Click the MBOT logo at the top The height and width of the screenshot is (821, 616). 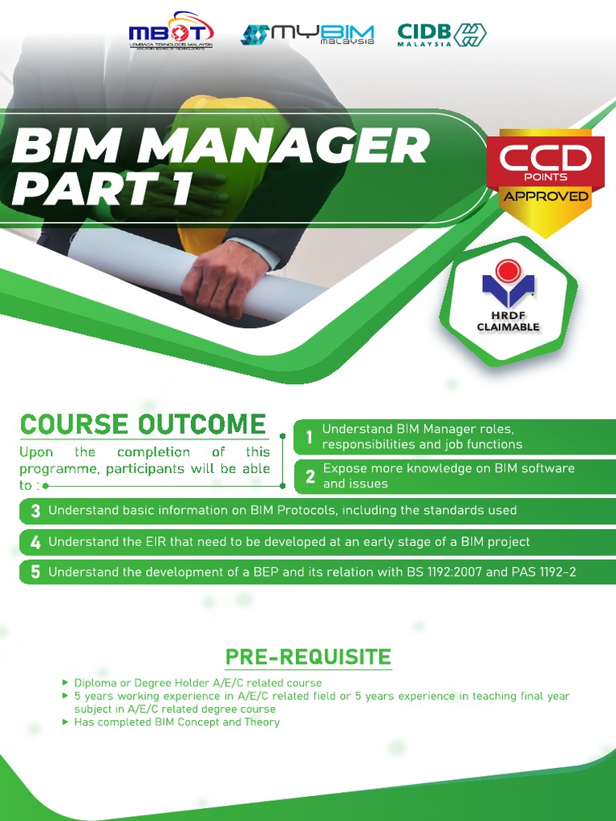pyautogui.click(x=171, y=34)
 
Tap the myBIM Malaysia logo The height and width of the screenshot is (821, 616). pyautogui.click(x=307, y=34)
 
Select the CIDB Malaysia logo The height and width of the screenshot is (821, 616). pyautogui.click(x=441, y=34)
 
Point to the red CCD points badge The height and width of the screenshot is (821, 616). pyautogui.click(x=545, y=160)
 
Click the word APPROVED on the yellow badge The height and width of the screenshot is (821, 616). pyautogui.click(x=545, y=196)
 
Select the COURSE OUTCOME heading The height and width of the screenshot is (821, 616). pyautogui.click(x=143, y=425)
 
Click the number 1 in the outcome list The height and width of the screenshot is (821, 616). pyautogui.click(x=309, y=438)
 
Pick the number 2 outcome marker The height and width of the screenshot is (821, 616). pyautogui.click(x=310, y=477)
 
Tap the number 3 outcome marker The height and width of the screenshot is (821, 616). pyautogui.click(x=35, y=512)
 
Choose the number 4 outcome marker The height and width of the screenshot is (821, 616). pyautogui.click(x=35, y=543)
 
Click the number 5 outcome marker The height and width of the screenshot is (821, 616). pyautogui.click(x=35, y=572)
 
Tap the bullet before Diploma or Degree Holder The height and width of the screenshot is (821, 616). pyautogui.click(x=65, y=682)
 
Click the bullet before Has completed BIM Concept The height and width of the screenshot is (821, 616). pyautogui.click(x=65, y=722)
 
